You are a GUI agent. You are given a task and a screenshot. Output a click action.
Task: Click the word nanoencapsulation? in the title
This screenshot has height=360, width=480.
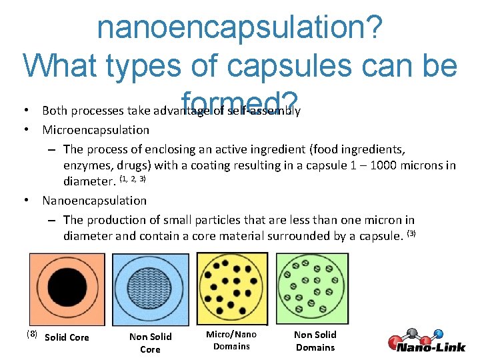240,27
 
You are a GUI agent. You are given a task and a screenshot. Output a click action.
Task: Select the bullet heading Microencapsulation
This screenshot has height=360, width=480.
95,129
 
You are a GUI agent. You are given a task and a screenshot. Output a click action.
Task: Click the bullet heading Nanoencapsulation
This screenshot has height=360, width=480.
94,200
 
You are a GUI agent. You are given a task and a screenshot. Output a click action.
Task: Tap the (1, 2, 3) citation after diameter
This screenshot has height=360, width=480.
132,179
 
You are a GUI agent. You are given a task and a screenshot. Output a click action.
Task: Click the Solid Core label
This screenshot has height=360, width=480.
67,337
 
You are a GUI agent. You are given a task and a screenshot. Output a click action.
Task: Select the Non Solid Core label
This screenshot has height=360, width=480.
150,343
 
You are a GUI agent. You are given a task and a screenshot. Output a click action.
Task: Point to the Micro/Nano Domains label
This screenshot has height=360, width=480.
231,340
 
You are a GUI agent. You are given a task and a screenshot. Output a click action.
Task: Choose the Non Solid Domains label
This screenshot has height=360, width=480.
315,341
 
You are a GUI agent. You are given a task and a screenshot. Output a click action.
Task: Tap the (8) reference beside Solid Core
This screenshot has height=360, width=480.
31,333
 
